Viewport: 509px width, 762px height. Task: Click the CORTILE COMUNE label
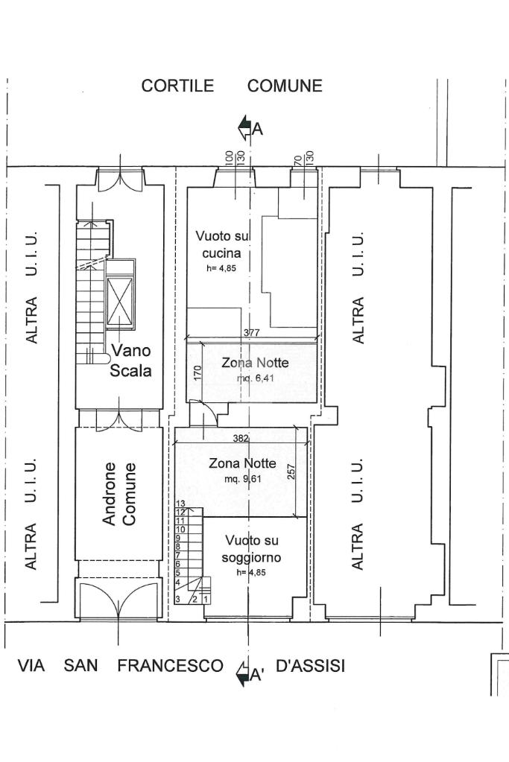pyautogui.click(x=232, y=86)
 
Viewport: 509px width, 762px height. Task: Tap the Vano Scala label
pyautogui.click(x=130, y=360)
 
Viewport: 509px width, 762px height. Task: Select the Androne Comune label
pyautogui.click(x=119, y=494)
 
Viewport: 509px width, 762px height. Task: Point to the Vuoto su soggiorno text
pyautogui.click(x=251, y=549)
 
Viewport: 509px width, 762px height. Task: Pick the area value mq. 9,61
pyautogui.click(x=243, y=479)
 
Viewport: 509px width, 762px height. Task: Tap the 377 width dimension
pyautogui.click(x=251, y=333)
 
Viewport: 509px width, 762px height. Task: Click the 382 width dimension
pyautogui.click(x=241, y=438)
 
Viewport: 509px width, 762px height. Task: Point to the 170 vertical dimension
pyautogui.click(x=197, y=373)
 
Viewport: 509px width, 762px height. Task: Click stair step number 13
pyautogui.click(x=181, y=504)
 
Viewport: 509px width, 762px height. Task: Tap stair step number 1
pyautogui.click(x=206, y=600)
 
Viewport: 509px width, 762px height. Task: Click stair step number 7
pyautogui.click(x=178, y=555)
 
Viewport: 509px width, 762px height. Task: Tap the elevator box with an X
pyautogui.click(x=120, y=302)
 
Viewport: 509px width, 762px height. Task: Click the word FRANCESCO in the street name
pyautogui.click(x=170, y=665)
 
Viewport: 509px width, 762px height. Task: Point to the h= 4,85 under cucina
pyautogui.click(x=221, y=267)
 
